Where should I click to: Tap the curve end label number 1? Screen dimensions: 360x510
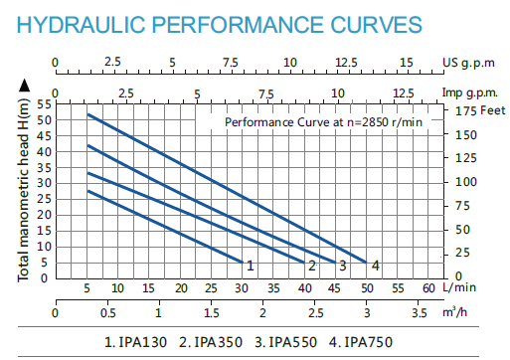pyautogui.click(x=251, y=266)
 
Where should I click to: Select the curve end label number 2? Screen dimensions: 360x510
pyautogui.click(x=311, y=266)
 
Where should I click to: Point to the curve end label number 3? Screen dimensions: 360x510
pyautogui.click(x=342, y=266)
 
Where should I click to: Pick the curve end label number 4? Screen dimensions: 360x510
pyautogui.click(x=375, y=266)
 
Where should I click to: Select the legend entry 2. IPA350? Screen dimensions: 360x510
pyautogui.click(x=215, y=343)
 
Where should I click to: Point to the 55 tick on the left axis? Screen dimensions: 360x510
pyautogui.click(x=44, y=103)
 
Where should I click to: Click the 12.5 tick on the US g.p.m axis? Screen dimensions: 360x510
pyautogui.click(x=348, y=63)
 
